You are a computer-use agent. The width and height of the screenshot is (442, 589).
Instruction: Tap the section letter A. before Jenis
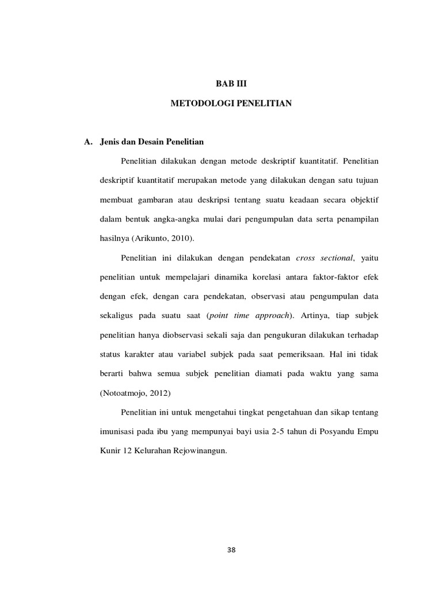(89, 141)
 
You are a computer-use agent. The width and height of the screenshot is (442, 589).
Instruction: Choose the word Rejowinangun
(195, 451)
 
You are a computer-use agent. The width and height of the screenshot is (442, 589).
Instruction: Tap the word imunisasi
(111, 431)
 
